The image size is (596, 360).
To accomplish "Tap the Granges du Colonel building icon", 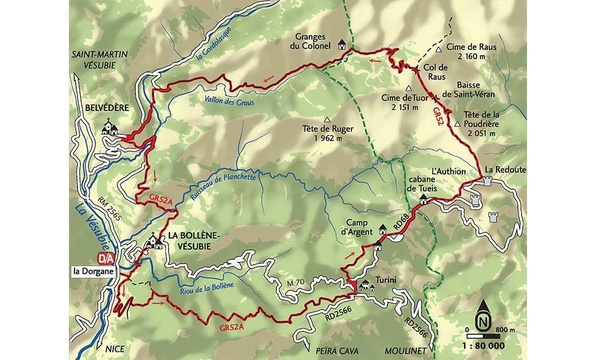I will tap(342, 45).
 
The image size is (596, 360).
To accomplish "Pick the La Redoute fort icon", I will tap(487, 181).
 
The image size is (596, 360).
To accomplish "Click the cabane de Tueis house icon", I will tap(422, 200).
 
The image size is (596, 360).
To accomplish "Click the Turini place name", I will tap(387, 280).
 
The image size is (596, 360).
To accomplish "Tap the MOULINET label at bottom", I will tap(403, 352).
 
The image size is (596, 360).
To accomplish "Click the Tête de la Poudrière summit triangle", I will tap(457, 125).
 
